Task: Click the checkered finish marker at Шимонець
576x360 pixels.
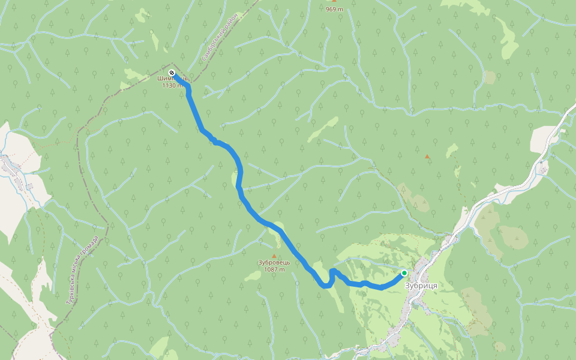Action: coord(172,73)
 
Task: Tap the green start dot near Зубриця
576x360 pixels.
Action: coord(404,273)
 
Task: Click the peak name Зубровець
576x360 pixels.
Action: coord(274,262)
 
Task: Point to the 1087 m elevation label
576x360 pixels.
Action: coord(274,269)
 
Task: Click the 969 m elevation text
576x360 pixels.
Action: coord(334,9)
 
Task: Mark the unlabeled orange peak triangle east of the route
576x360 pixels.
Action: coord(427,157)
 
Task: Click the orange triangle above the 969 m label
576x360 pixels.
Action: coord(334,1)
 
